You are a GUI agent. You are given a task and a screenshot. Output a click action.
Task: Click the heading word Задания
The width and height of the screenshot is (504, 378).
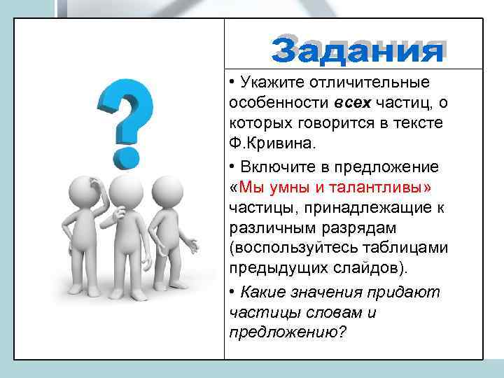(358, 50)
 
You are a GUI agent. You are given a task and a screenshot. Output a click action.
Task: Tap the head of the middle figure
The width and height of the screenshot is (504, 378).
(126, 190)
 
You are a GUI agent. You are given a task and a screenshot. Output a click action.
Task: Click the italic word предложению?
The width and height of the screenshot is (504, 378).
(287, 332)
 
